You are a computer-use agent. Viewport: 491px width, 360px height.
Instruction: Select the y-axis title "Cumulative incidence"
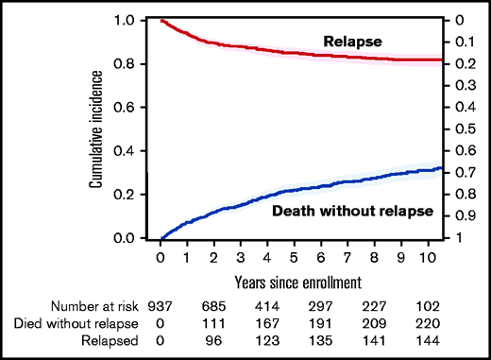pyautogui.click(x=97, y=129)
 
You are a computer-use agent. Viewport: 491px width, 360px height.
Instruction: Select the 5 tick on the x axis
pyautogui.click(x=296, y=257)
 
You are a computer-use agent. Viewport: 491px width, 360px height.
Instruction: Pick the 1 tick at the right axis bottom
pyautogui.click(x=459, y=238)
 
